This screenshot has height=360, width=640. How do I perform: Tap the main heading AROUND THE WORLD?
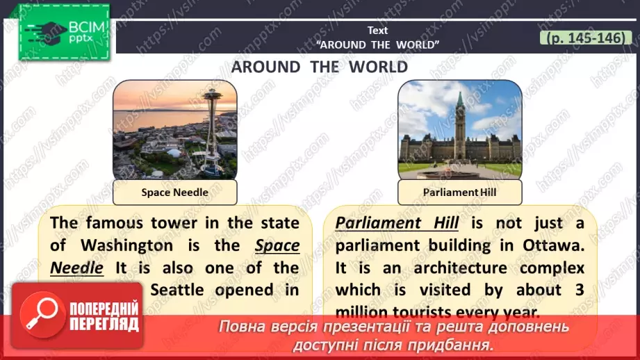[x=319, y=67]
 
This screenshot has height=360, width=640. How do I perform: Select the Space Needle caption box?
[x=174, y=192]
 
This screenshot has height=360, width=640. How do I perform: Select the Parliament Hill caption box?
[x=459, y=192]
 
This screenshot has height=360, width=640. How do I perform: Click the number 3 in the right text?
[x=578, y=290]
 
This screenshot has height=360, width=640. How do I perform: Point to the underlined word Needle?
[x=77, y=268]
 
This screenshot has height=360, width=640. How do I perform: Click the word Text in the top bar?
[x=378, y=31]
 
